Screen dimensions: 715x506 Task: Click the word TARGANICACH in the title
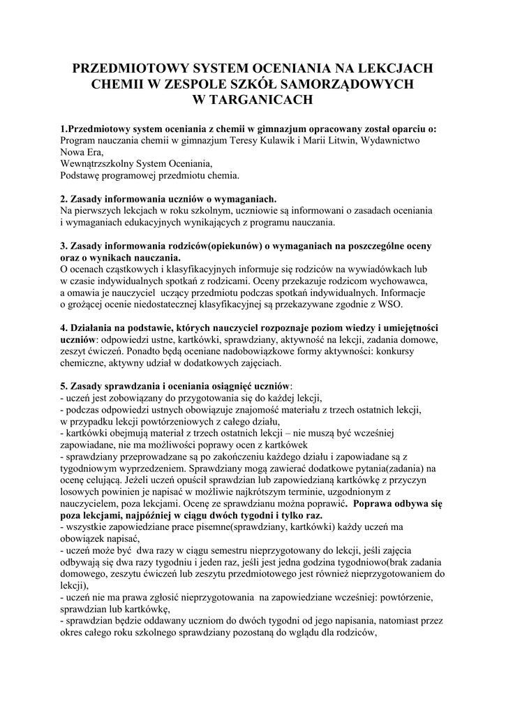(x=259, y=100)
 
